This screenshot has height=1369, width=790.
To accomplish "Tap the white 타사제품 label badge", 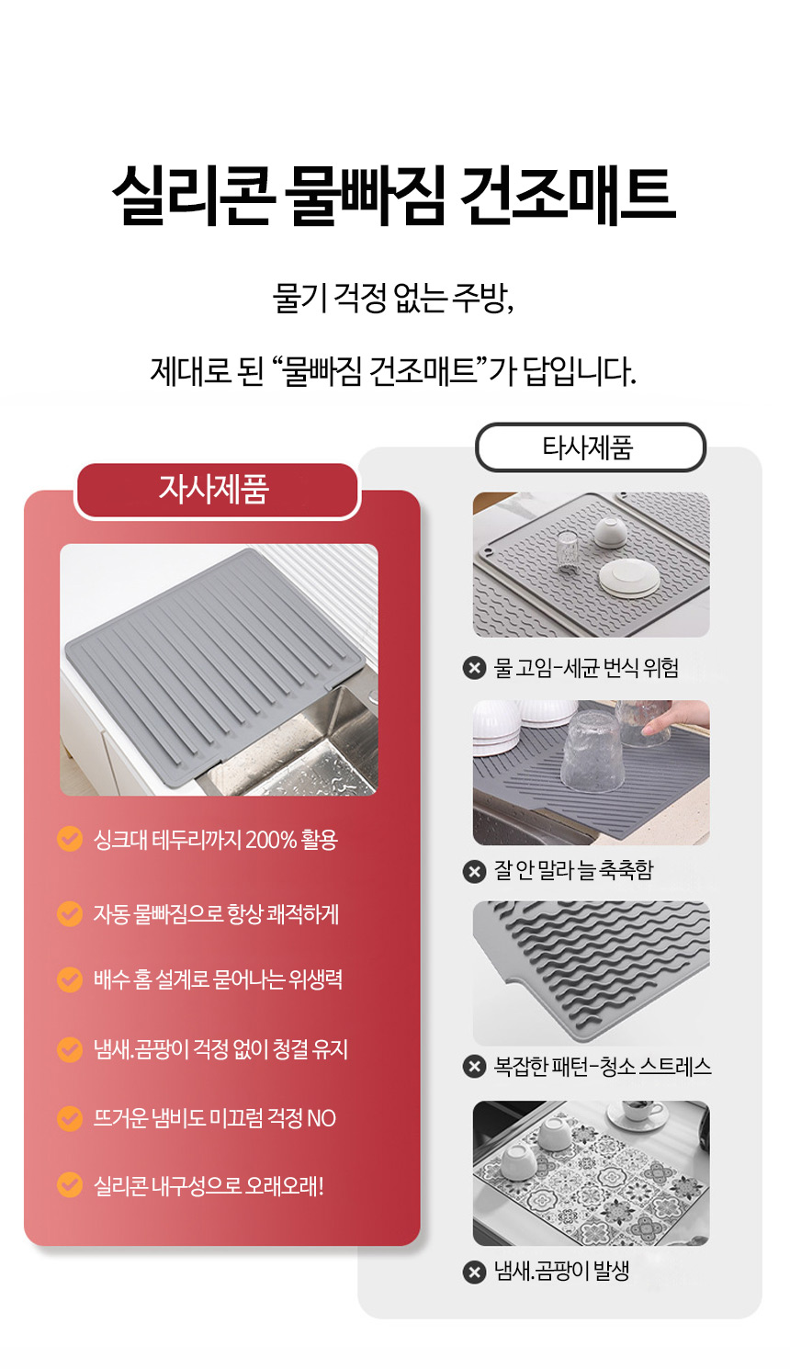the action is click(x=590, y=447).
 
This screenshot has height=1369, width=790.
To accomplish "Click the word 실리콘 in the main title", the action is click(x=191, y=195).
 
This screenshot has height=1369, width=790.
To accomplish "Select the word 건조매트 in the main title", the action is click(x=567, y=195).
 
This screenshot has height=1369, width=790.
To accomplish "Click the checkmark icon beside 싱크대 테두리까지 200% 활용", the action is click(x=70, y=839).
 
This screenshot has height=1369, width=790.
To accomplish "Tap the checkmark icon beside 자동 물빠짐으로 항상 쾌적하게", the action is click(x=70, y=913).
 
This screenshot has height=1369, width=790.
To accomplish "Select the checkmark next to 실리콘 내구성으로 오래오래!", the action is click(x=70, y=1184).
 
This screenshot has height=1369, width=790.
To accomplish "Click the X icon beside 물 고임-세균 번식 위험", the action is click(x=474, y=667).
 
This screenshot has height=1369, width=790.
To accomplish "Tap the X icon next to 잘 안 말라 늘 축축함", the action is click(x=474, y=871).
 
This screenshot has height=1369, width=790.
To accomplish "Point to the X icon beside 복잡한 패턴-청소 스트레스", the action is click(x=474, y=1067).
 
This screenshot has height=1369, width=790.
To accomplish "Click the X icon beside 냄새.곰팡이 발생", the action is click(x=474, y=1273).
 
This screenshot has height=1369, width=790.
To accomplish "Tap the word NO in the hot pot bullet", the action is click(x=322, y=1118).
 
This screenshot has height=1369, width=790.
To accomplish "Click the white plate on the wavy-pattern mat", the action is click(x=628, y=578).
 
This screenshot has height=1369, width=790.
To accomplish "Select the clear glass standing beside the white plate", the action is click(x=568, y=552).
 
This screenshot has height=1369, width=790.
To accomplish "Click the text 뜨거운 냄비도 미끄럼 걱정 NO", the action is click(x=214, y=1118).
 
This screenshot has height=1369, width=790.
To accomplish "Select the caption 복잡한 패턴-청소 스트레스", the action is click(x=603, y=1067).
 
